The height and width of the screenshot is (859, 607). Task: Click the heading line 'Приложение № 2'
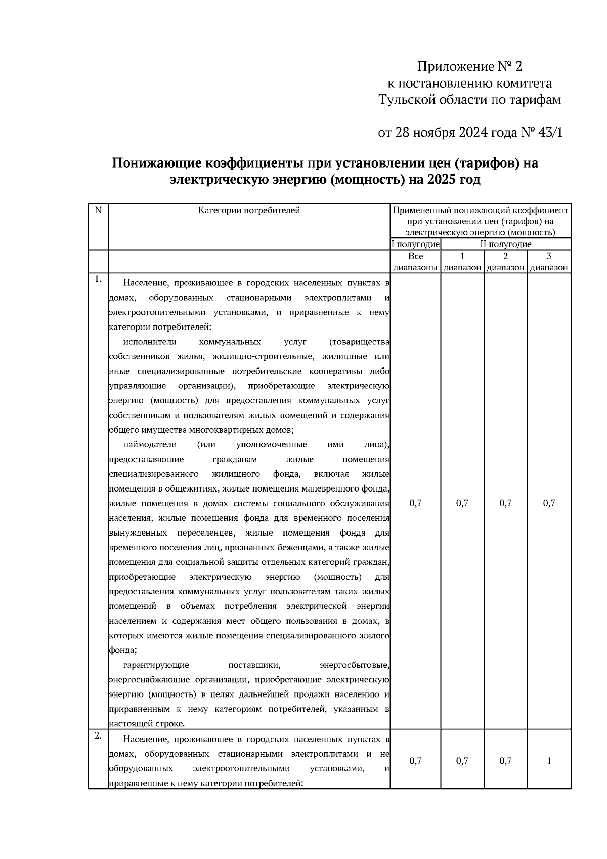(x=469, y=66)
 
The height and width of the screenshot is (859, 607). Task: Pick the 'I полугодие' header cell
(x=415, y=244)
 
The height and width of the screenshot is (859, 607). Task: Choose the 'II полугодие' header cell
(x=505, y=244)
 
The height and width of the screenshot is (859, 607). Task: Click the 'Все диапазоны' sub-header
(x=415, y=262)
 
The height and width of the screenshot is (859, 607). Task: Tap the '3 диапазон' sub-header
(x=549, y=262)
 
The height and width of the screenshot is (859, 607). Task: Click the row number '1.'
(x=98, y=279)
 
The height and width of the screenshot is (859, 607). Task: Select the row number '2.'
(x=98, y=736)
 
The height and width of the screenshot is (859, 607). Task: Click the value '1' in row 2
(x=549, y=761)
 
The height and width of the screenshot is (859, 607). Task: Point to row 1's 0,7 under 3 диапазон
(x=549, y=503)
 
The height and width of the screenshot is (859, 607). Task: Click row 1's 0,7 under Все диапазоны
(x=415, y=503)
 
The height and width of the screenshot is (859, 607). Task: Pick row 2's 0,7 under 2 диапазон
(x=505, y=761)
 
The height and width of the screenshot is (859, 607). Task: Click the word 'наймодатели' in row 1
(x=150, y=445)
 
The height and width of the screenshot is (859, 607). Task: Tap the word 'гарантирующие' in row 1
(x=156, y=665)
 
